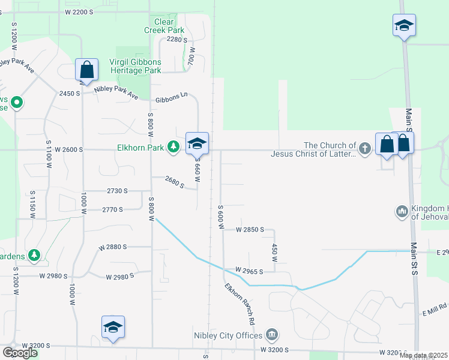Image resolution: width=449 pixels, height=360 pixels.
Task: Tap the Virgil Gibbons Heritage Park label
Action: click(x=135, y=65)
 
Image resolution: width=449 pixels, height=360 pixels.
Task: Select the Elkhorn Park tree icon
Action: click(x=173, y=146)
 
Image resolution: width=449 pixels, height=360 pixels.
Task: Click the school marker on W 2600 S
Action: click(x=197, y=143)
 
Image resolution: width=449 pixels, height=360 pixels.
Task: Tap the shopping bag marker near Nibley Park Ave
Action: click(x=87, y=70)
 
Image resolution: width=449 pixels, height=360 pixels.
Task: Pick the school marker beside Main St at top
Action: click(x=404, y=26)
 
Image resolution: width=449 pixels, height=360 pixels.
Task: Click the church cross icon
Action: click(x=364, y=147)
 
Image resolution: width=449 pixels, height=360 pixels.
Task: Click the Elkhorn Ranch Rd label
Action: click(x=240, y=304)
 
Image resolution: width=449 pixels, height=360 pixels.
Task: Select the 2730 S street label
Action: click(x=118, y=191)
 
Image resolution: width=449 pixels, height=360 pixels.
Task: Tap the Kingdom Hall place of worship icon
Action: click(x=402, y=211)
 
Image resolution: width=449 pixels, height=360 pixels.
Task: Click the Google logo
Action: click(x=20, y=352)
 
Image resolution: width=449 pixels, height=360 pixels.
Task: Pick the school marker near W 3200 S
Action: click(x=113, y=327)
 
